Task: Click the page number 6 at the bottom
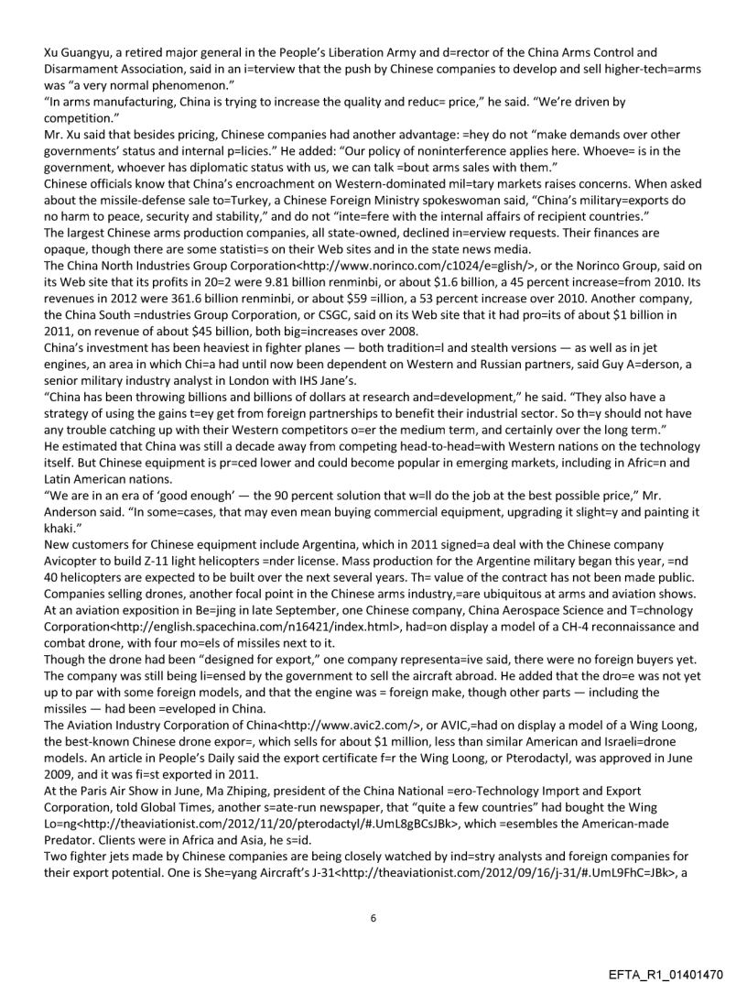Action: tap(373, 892)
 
